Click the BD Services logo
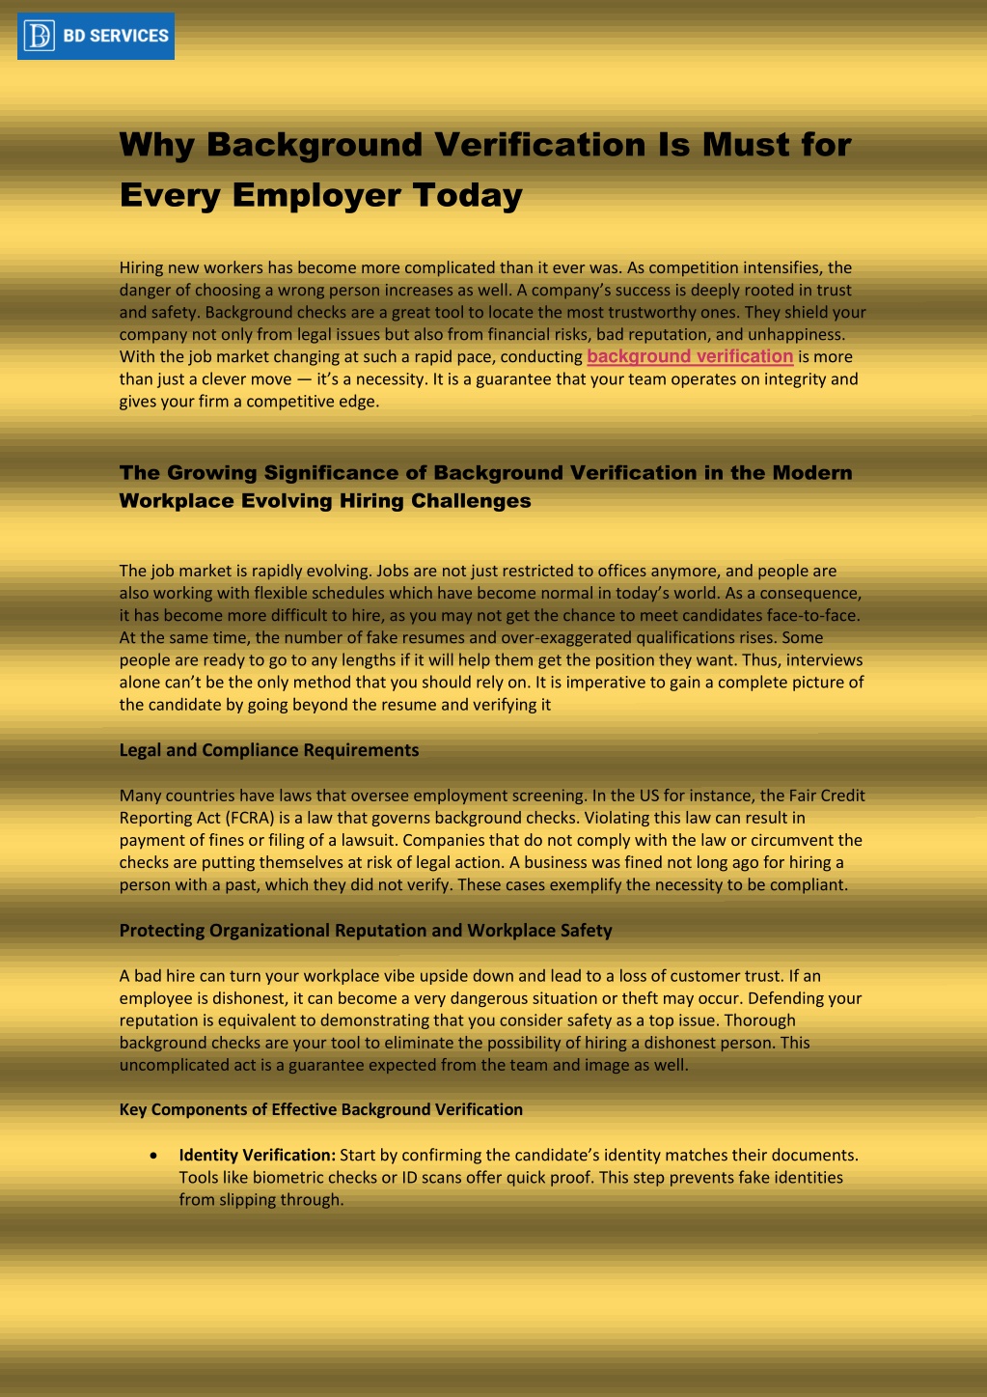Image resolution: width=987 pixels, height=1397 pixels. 96,36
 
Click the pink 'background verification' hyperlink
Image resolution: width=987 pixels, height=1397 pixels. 690,356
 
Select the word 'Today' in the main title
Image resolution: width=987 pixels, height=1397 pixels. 468,195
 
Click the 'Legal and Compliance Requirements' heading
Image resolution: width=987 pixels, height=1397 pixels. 269,750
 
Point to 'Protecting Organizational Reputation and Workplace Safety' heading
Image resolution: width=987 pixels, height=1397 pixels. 366,931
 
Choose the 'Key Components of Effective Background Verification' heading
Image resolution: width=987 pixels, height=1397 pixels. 321,1109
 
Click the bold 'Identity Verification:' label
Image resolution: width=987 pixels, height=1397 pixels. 257,1155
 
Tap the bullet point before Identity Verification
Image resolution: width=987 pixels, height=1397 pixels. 154,1156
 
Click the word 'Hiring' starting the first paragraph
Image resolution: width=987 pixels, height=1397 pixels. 142,267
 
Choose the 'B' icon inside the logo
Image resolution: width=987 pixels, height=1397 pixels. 40,36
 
